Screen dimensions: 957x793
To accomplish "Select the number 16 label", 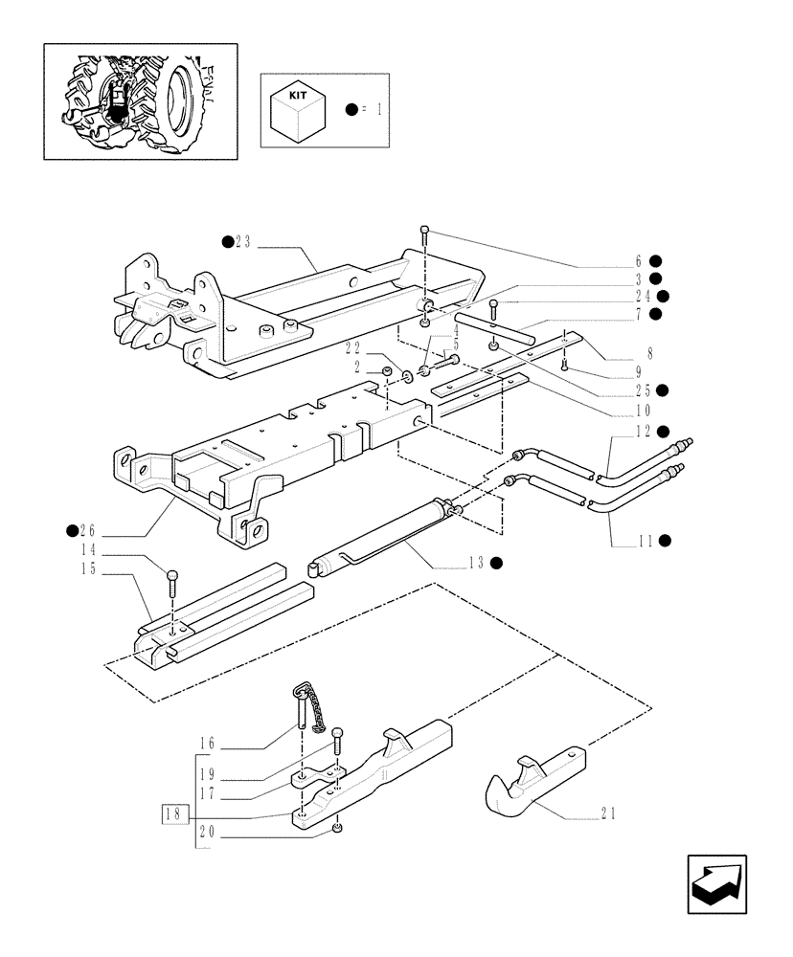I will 208,743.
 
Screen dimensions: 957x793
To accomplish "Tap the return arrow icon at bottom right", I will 716,885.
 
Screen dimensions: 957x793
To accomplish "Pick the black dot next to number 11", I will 665,541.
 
